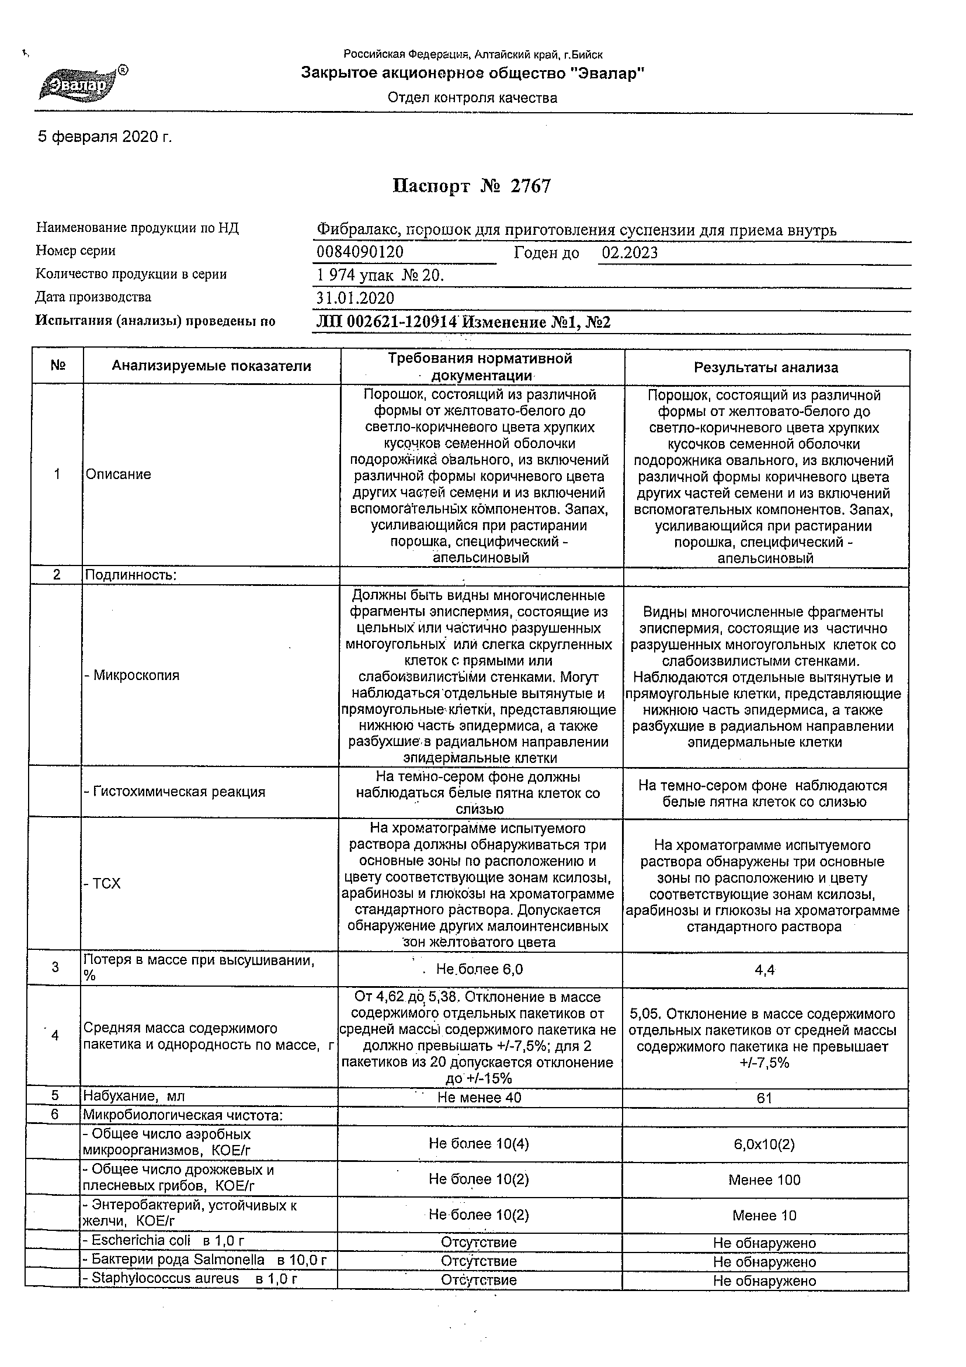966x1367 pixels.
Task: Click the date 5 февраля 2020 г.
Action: pyautogui.click(x=105, y=137)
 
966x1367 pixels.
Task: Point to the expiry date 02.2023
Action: pyautogui.click(x=630, y=253)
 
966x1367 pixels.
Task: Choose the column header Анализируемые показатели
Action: pyautogui.click(x=211, y=366)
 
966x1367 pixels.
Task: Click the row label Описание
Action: pyautogui.click(x=119, y=474)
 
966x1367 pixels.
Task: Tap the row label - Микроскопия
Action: pyautogui.click(x=132, y=675)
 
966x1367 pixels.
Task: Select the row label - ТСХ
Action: pyautogui.click(x=102, y=883)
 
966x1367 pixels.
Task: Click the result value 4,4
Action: pyautogui.click(x=765, y=970)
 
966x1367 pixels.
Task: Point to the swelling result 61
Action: pyautogui.click(x=765, y=1098)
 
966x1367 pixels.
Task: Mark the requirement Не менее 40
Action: pyautogui.click(x=479, y=1097)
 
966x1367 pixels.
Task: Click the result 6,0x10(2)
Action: pyautogui.click(x=765, y=1144)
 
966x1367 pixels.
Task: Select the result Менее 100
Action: pyautogui.click(x=765, y=1179)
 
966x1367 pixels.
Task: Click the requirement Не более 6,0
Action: pyautogui.click(x=479, y=969)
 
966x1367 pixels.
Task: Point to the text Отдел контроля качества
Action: pyautogui.click(x=472, y=98)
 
